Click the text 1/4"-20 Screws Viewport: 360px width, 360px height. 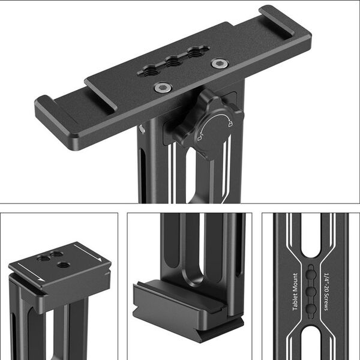click(326, 290)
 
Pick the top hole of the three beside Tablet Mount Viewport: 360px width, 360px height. click(311, 273)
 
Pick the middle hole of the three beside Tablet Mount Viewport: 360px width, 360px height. click(311, 290)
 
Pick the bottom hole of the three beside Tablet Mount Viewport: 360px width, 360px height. click(311, 308)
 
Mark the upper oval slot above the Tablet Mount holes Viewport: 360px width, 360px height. click(311, 240)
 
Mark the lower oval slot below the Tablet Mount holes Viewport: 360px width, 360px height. click(311, 342)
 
